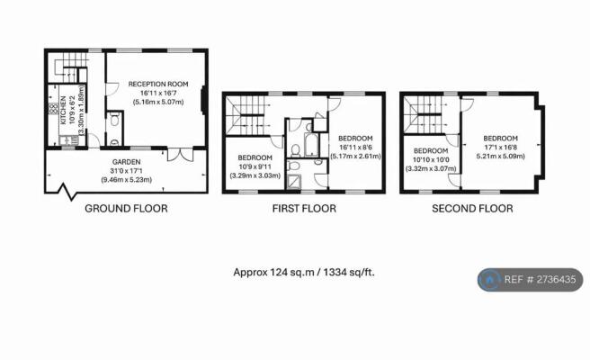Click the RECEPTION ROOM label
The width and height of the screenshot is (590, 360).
(x=158, y=84)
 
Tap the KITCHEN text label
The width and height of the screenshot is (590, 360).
(x=63, y=110)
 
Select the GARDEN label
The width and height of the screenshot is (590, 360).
(x=127, y=162)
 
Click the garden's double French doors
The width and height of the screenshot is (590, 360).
(x=180, y=155)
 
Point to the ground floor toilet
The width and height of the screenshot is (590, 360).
(x=115, y=121)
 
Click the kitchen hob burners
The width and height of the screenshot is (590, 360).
(x=52, y=109)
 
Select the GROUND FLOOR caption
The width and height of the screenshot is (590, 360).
(x=126, y=209)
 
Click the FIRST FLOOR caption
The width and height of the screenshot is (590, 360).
(x=304, y=209)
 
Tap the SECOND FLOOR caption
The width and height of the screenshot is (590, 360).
(x=472, y=209)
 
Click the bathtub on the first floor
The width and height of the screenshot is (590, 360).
(x=311, y=145)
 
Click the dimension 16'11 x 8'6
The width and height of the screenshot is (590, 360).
(x=355, y=148)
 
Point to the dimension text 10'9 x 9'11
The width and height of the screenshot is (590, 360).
(x=255, y=166)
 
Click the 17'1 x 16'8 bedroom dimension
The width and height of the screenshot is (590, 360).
(x=500, y=148)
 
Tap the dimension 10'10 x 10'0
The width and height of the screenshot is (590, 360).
(x=431, y=160)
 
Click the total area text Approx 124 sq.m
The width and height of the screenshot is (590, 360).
(x=273, y=273)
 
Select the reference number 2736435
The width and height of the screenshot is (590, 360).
(x=556, y=279)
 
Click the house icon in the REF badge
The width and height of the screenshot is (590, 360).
(x=489, y=280)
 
